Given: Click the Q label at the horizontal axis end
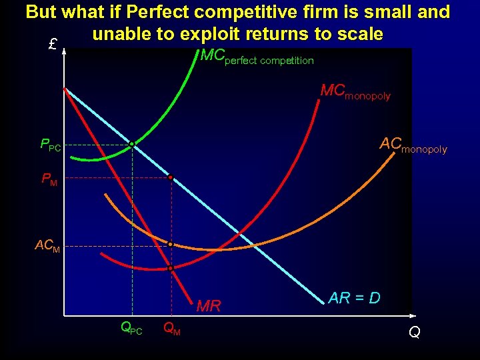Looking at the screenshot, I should [x=414, y=331].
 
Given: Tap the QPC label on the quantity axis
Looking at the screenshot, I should [x=131, y=328].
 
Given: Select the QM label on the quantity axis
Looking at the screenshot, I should [x=171, y=328].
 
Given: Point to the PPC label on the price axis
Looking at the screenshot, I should [x=50, y=145].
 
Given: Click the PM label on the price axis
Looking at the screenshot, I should [x=49, y=179].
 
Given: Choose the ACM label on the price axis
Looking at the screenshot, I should [x=47, y=246].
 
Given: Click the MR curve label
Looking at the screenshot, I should [x=209, y=307].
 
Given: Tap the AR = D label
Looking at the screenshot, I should [x=354, y=298].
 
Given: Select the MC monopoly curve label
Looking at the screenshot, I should [x=355, y=92].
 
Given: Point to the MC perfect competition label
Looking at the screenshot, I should [x=257, y=57].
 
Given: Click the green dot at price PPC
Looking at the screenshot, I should [x=132, y=144].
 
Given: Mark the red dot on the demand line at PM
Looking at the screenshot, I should [x=171, y=178].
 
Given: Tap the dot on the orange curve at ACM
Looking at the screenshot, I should [x=171, y=245].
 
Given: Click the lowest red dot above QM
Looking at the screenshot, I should [x=171, y=268].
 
